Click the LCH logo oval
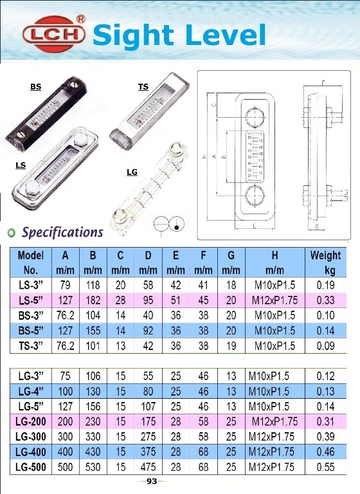point(54,34)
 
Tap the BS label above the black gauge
point(35,86)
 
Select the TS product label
point(143,86)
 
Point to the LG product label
point(132,172)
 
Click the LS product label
point(21,165)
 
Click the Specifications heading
point(62,232)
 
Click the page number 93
point(152,481)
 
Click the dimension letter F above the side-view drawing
point(322,82)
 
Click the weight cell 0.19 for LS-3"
point(325,285)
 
